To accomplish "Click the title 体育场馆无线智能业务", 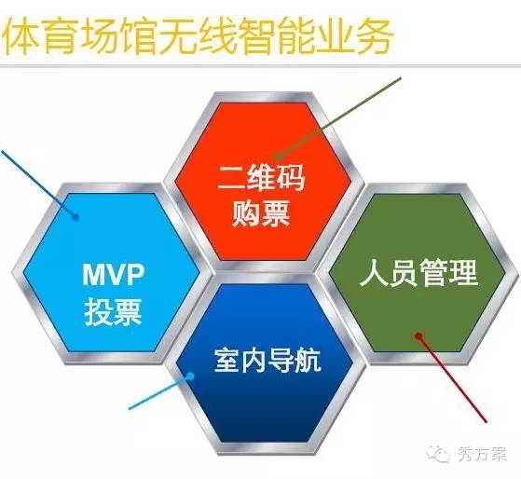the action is pyautogui.click(x=198, y=35).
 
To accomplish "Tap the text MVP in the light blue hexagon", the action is pyautogui.click(x=114, y=274).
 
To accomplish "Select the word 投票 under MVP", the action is pyautogui.click(x=114, y=311).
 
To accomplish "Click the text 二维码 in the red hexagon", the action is pyautogui.click(x=261, y=177).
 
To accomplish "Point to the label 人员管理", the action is pyautogui.click(x=418, y=273).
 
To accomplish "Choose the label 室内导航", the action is pyautogui.click(x=267, y=360).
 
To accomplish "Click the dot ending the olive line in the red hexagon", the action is pyautogui.click(x=279, y=157).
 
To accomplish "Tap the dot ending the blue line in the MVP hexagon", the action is pyautogui.click(x=75, y=217).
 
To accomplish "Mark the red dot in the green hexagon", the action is pyautogui.click(x=418, y=336).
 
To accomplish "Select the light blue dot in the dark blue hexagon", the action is pyautogui.click(x=190, y=376).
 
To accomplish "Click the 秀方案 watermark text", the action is pyautogui.click(x=483, y=454).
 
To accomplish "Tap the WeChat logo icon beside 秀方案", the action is pyautogui.click(x=438, y=454).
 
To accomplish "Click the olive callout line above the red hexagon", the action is pyautogui.click(x=339, y=117).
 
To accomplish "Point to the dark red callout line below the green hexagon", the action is pyautogui.click(x=453, y=379).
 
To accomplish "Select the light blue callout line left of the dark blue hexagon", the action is pyautogui.click(x=159, y=392).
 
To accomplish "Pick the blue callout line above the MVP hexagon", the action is pyautogui.click(x=38, y=184).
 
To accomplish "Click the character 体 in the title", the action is pyautogui.click(x=21, y=35).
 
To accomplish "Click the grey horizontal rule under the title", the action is pyautogui.click(x=261, y=66).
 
